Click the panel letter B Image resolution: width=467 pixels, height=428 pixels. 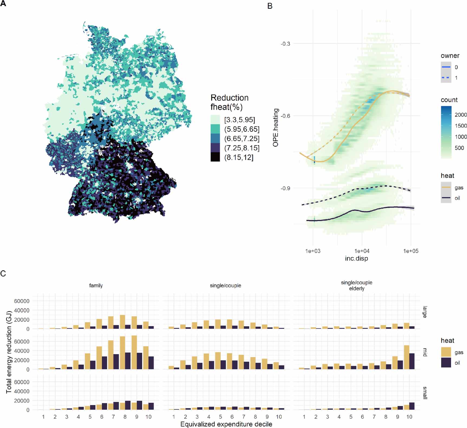270,6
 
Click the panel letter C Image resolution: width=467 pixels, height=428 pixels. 3,273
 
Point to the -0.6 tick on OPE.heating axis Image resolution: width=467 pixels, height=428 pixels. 285,116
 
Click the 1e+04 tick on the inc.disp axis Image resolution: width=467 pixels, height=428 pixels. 362,251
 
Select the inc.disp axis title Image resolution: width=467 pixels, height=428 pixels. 356,259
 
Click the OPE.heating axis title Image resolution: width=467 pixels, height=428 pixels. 276,128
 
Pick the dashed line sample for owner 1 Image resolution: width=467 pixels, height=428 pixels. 446,78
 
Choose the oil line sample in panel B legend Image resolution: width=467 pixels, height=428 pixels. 446,198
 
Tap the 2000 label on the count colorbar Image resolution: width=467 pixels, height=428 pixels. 461,115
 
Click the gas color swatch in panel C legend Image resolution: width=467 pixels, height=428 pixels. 446,352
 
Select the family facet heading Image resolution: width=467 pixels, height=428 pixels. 96,285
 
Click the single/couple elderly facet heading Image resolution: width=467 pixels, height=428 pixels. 356,285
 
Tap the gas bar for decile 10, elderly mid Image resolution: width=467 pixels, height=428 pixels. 406,357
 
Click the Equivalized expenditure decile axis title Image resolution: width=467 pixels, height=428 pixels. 226,424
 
